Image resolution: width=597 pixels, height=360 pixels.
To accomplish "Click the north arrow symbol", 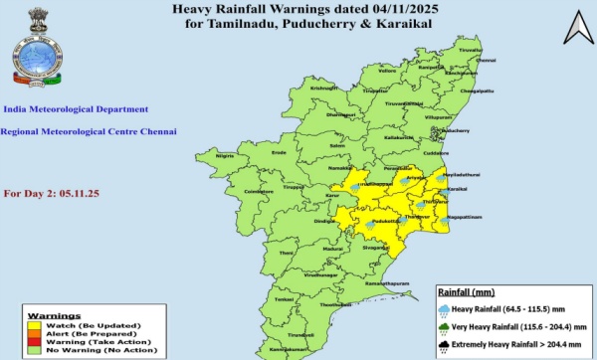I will (x=576, y=29).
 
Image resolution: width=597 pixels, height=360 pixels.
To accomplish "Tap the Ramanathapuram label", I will (x=388, y=284).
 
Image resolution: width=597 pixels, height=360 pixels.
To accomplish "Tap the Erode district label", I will (x=280, y=152).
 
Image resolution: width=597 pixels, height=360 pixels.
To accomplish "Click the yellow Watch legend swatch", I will (x=34, y=324).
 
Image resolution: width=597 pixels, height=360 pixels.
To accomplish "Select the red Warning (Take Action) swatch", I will (x=34, y=340).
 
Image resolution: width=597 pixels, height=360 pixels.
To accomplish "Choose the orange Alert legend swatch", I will (x=34, y=332).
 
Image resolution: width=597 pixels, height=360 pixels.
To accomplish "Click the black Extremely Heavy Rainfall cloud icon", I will (x=445, y=347).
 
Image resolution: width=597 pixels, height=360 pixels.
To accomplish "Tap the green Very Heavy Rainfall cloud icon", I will (x=445, y=328).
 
